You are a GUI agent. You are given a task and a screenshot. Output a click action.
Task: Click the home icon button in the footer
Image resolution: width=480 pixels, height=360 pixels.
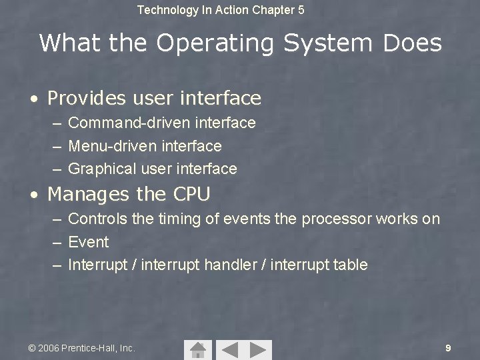197,349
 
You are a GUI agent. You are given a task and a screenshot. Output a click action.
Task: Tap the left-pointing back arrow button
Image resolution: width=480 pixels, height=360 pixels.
228,349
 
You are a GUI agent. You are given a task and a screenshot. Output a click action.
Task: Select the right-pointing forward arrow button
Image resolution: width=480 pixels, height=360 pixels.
258,349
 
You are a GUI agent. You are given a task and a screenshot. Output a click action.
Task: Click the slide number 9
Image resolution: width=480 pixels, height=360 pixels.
448,348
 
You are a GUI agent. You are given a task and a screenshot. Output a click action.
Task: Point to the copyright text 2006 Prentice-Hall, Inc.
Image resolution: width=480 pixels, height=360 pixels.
81,348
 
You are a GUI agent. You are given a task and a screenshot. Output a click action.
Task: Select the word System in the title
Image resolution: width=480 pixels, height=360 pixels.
329,43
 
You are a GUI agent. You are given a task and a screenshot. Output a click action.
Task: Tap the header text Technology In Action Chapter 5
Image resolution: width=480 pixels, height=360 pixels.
221,10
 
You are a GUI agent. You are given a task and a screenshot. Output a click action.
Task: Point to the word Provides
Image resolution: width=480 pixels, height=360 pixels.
87,99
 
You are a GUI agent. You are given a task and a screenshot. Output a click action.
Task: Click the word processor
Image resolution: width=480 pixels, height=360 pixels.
336,219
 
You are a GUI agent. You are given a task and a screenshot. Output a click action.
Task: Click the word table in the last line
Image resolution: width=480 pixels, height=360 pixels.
351,265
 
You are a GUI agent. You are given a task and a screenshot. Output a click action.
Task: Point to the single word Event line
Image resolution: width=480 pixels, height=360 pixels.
89,241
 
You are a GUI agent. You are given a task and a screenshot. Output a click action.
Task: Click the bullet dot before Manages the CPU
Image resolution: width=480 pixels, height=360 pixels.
33,195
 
